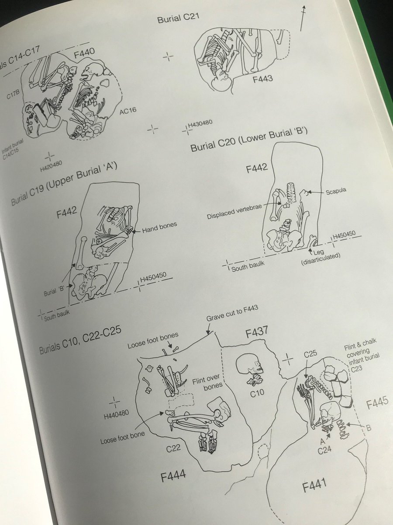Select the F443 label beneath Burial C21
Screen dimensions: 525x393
pos(262,79)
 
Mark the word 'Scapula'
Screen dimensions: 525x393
pos(336,192)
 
